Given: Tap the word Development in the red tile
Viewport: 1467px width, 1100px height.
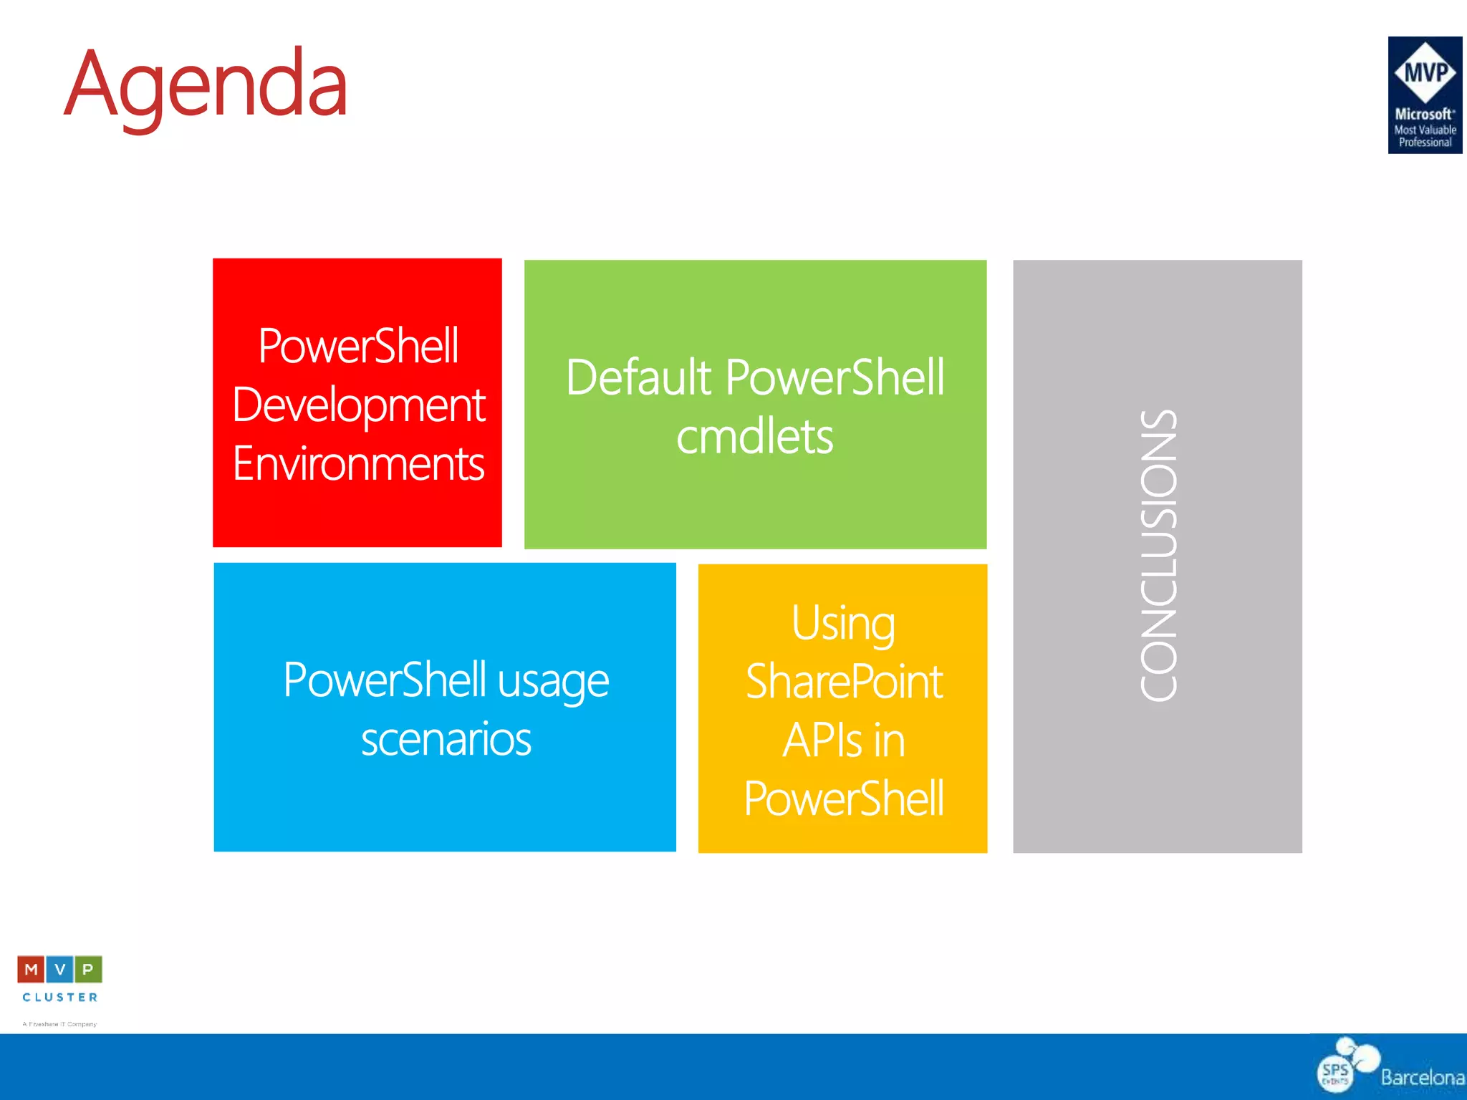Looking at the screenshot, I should (x=358, y=405).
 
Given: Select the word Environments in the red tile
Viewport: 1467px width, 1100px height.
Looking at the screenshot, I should (x=358, y=464).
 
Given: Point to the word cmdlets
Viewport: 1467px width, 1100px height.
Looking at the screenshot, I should (x=754, y=437).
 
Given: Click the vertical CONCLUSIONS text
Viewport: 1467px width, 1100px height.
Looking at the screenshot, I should (x=1158, y=556).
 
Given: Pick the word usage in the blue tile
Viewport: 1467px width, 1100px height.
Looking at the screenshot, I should (x=553, y=681).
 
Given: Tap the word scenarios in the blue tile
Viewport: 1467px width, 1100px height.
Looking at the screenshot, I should (x=446, y=740).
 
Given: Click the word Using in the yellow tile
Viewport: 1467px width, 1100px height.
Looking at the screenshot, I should (x=843, y=623).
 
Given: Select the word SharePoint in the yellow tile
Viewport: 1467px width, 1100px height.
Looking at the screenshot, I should (x=844, y=682).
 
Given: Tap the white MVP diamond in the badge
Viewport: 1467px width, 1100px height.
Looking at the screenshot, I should (x=1425, y=72).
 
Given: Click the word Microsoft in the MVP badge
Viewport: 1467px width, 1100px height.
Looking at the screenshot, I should (x=1423, y=114).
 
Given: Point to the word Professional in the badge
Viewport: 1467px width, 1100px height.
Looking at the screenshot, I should (x=1425, y=143).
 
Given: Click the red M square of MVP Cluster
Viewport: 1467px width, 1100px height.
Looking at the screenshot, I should (x=31, y=970).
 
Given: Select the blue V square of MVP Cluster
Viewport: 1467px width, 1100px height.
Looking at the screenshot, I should (x=59, y=970).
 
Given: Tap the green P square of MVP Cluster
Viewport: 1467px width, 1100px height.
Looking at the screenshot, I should (x=88, y=970).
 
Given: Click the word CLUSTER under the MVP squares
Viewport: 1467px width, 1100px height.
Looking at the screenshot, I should (x=59, y=997).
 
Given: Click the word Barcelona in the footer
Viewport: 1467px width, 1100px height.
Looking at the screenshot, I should (x=1422, y=1078).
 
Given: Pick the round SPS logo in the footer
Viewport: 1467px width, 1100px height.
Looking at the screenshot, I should (x=1336, y=1073).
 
